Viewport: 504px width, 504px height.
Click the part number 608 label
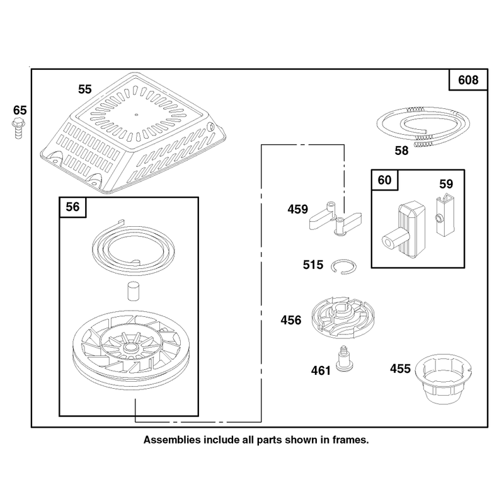(468, 80)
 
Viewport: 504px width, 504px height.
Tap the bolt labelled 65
(19, 129)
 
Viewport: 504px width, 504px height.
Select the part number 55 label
(85, 89)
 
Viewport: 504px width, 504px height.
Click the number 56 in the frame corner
(72, 207)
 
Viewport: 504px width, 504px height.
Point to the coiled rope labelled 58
(423, 127)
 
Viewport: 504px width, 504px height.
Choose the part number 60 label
(384, 180)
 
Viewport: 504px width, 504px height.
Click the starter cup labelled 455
(444, 379)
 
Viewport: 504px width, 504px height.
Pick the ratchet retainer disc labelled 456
(343, 318)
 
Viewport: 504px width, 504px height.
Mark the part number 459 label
(297, 209)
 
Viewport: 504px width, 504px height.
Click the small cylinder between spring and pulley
(134, 291)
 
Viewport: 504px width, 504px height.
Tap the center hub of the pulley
(130, 347)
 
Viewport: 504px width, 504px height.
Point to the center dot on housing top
(136, 115)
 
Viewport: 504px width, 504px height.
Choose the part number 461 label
(321, 370)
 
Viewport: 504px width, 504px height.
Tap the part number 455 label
(401, 369)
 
